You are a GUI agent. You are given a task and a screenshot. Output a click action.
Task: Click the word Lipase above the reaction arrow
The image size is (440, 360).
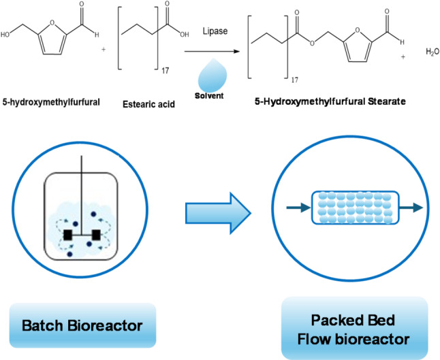click(215, 31)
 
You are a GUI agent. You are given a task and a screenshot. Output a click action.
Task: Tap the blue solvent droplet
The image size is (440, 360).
click(213, 75)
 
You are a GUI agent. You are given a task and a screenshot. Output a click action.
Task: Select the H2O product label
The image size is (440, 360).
click(433, 52)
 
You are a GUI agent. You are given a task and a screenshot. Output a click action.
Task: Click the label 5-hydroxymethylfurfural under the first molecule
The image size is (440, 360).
click(51, 102)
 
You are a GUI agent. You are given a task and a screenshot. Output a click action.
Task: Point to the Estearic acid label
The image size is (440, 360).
click(148, 104)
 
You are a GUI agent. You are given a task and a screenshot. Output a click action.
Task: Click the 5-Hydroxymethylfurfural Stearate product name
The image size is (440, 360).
click(330, 101)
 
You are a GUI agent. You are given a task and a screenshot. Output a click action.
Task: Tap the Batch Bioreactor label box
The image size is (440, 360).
click(82, 325)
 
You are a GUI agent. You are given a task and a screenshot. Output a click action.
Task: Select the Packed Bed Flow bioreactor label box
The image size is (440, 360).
click(354, 329)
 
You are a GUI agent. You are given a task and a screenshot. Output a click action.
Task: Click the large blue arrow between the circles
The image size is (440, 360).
click(218, 213)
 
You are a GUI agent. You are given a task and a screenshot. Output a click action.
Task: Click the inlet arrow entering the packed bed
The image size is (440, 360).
click(298, 208)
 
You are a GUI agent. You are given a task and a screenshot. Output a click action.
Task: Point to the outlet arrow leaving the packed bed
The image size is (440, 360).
click(411, 208)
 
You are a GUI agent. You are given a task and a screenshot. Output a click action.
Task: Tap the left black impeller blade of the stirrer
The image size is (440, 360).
click(67, 235)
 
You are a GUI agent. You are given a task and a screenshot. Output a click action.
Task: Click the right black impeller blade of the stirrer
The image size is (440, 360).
click(96, 235)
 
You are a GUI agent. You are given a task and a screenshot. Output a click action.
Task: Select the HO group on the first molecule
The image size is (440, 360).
click(5, 35)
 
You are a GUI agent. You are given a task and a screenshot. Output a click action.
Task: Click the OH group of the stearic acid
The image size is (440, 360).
click(185, 35)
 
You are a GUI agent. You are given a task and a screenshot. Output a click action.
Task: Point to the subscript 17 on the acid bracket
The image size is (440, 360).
click(166, 71)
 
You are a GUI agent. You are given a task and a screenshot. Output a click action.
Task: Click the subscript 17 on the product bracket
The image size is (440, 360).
click(294, 80)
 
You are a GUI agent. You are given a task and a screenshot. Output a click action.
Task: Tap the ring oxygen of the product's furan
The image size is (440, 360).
click(357, 30)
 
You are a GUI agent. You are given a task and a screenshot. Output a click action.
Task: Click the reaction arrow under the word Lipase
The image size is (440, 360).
click(212, 51)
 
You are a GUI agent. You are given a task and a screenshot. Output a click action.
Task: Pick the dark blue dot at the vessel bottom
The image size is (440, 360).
click(69, 255)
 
